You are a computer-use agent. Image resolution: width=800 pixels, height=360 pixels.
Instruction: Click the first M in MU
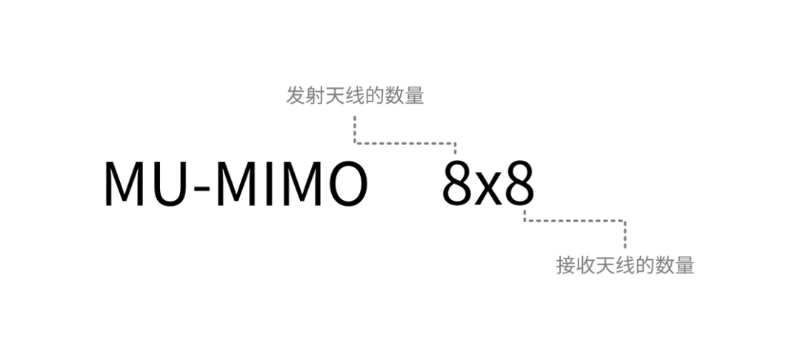coord(124,183)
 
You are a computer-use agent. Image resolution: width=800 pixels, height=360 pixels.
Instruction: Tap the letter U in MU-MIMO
coord(168,183)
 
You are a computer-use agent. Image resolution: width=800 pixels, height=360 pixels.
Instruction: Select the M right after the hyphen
coord(236,183)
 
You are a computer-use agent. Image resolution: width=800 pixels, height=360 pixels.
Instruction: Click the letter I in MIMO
coord(268,183)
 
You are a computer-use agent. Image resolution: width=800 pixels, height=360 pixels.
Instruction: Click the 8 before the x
coord(457,183)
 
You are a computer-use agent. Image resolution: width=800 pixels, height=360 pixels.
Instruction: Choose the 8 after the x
coord(519,183)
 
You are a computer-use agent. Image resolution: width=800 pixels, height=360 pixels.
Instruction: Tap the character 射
coord(315,97)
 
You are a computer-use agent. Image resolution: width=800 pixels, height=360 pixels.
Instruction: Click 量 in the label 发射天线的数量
coord(415,97)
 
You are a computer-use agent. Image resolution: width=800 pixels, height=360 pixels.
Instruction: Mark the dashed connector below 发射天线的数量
coord(404,143)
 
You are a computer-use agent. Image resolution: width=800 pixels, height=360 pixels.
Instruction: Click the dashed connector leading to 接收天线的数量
coord(574,220)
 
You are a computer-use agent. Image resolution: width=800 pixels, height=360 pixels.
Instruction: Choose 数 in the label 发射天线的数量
coord(395,97)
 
